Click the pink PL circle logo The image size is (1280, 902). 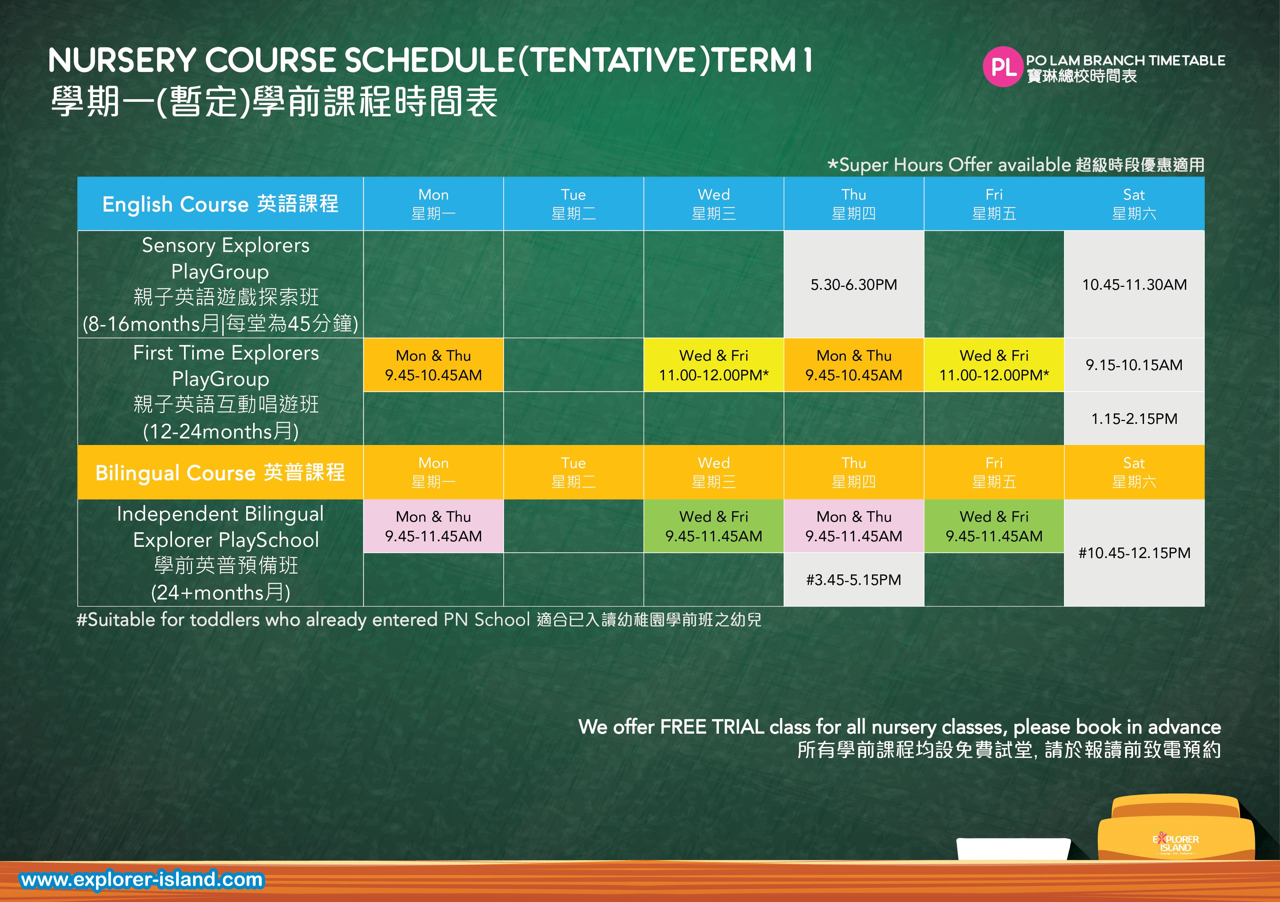tap(1003, 67)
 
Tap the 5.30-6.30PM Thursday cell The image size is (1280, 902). tap(853, 284)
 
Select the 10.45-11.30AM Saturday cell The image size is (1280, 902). tap(1134, 284)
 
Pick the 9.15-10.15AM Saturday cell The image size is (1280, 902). tap(1134, 365)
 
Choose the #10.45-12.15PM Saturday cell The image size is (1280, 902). tap(1134, 553)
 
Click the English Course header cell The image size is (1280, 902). tap(220, 204)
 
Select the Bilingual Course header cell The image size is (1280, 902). tap(220, 472)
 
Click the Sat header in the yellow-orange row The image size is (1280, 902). tap(1134, 472)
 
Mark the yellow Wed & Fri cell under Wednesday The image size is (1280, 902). tap(713, 365)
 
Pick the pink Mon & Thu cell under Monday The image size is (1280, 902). tap(433, 526)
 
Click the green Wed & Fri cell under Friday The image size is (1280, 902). tap(994, 526)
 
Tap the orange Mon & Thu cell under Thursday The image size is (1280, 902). tap(853, 365)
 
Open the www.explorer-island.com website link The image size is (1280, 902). tap(141, 879)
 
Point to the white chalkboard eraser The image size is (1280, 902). tap(1013, 849)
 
